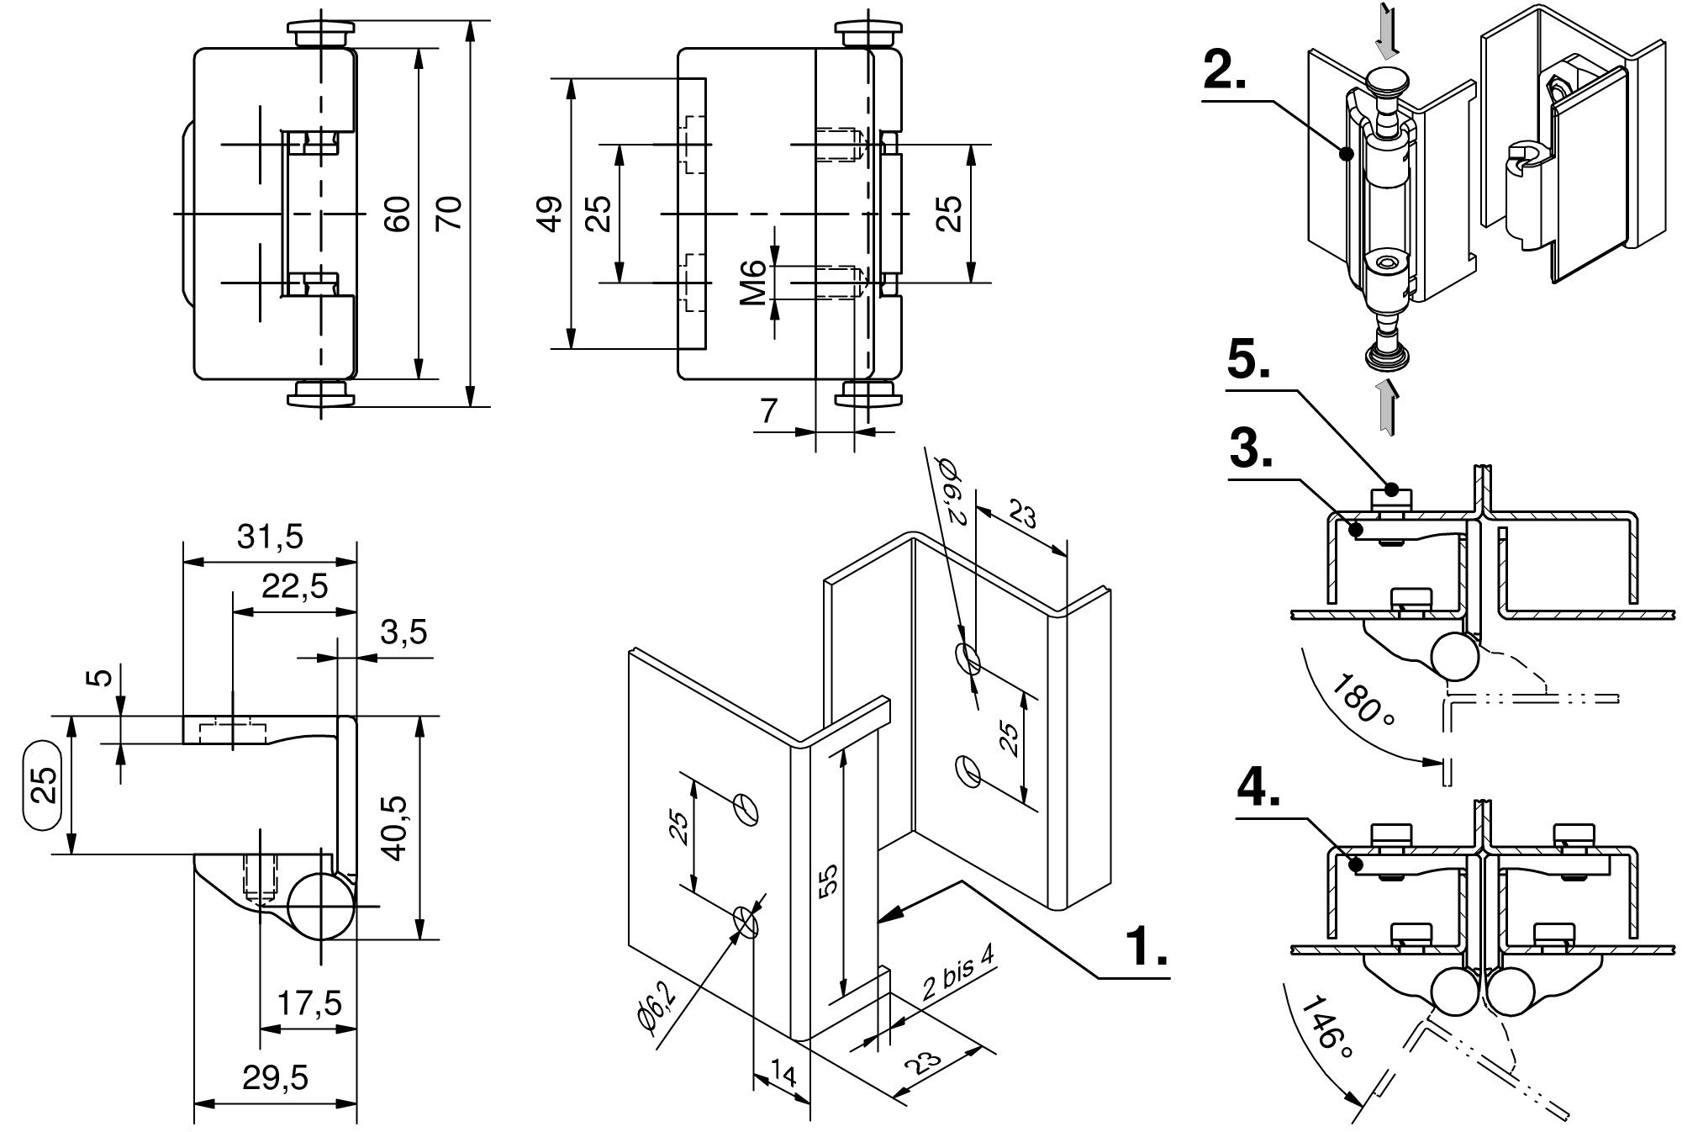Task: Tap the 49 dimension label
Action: tap(550, 214)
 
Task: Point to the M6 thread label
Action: tap(754, 282)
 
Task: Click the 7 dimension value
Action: tap(767, 411)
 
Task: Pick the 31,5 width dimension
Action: tap(269, 537)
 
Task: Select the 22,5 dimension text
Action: tap(294, 586)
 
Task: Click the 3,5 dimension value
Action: tap(403, 632)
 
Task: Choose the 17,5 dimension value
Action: tap(309, 1003)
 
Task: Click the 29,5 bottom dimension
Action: tap(276, 1076)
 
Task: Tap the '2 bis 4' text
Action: tap(957, 971)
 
